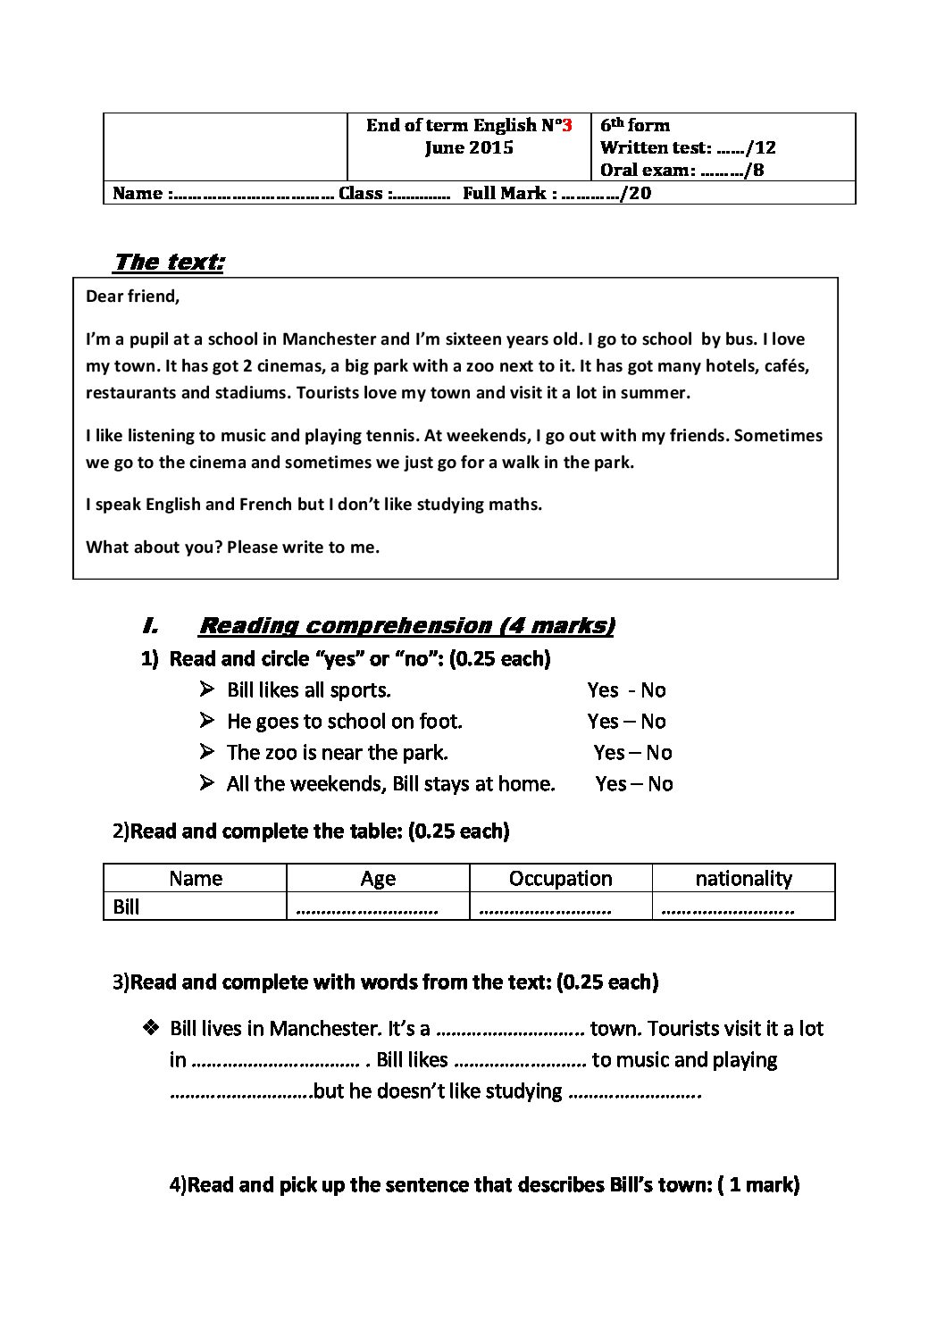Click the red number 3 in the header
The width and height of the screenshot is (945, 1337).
coord(566,125)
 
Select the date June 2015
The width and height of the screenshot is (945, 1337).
coord(469,148)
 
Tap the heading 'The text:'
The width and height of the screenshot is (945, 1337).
coord(168,262)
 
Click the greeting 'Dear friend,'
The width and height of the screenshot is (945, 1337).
coord(132,297)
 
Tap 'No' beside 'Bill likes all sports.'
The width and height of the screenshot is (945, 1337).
coord(653,690)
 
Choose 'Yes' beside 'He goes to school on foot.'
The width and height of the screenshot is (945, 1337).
coord(603,722)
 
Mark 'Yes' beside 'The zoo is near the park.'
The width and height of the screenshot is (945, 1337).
coord(609,753)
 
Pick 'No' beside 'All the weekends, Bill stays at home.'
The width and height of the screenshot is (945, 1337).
coord(660,784)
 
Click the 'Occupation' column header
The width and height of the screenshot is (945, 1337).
coord(560,879)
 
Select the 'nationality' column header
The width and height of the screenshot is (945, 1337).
coord(743,879)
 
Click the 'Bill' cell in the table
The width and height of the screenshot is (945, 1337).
coord(127,907)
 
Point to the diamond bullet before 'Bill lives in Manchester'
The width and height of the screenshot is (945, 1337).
coord(150,1028)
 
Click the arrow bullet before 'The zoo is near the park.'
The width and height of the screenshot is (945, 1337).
coord(207,752)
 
